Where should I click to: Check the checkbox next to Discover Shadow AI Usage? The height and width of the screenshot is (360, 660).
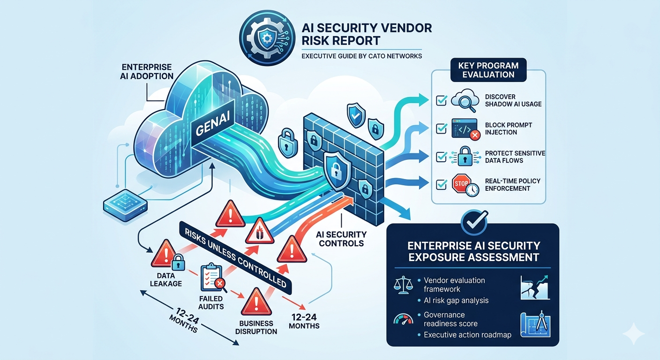pos(441,100)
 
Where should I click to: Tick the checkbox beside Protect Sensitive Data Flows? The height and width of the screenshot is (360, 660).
pos(441,157)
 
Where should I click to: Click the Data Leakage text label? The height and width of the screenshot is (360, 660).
pos(166,280)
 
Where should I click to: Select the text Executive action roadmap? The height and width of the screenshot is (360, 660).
pos(467,335)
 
